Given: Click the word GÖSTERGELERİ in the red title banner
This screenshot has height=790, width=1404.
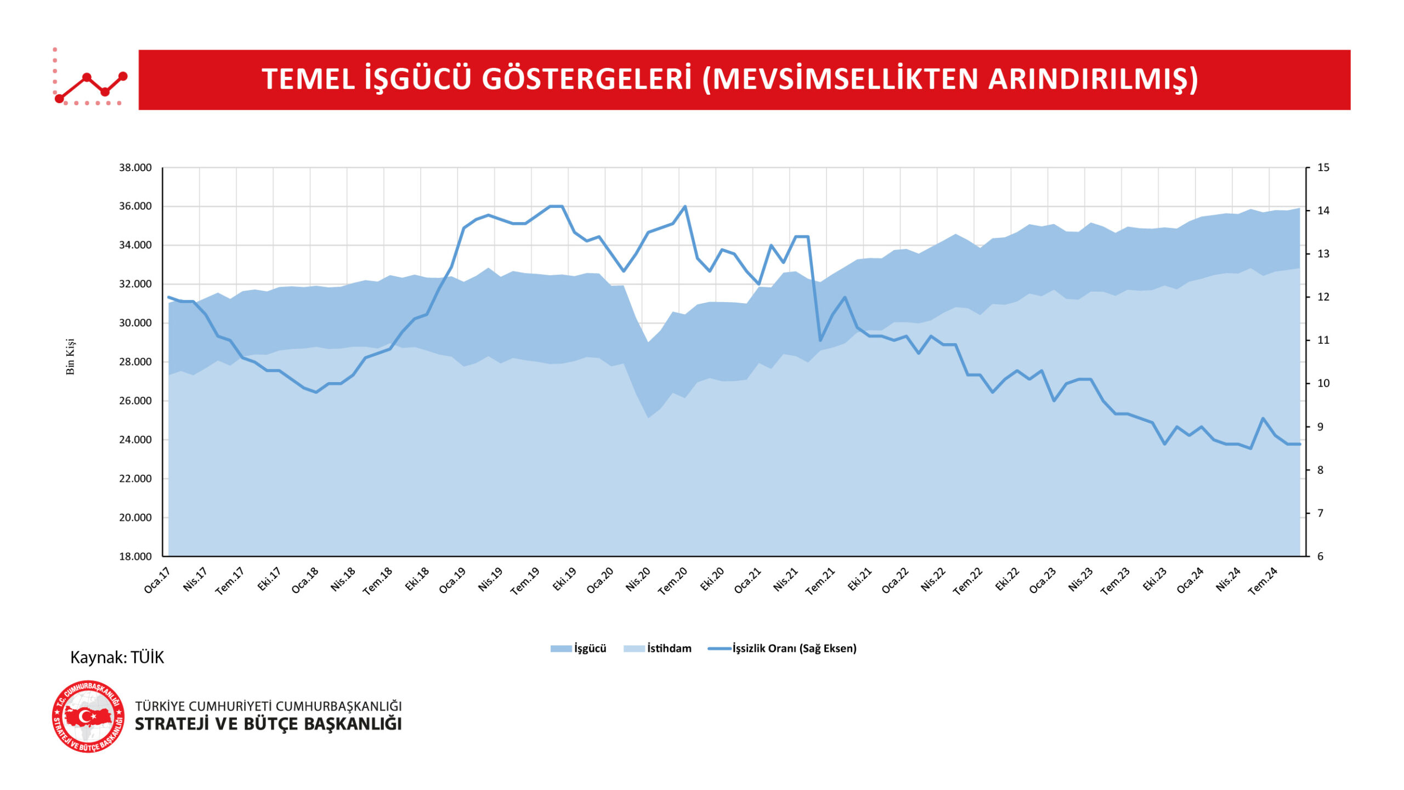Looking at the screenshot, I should coord(587,79).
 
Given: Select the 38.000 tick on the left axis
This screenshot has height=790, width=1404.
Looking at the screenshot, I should coord(135,168).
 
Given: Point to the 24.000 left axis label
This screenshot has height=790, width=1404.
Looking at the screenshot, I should coord(135,440).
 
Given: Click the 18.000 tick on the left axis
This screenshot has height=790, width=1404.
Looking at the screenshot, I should coord(135,556).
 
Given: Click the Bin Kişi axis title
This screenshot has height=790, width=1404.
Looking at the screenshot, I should coord(70,357).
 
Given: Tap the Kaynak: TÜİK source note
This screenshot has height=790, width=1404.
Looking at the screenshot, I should coord(117,657).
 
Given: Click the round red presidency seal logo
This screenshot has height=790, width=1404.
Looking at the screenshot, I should coord(88,717).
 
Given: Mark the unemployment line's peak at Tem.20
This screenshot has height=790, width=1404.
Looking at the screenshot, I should coord(685,207).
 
